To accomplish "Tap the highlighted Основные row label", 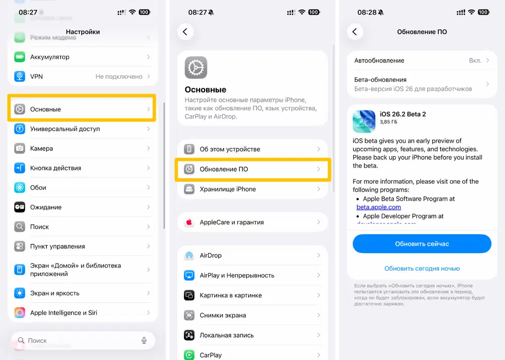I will [x=45, y=109].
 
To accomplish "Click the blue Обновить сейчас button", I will [x=422, y=244].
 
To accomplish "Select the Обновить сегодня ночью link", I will [x=422, y=269].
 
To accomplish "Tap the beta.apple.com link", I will [x=379, y=207].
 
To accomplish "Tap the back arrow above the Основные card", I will [x=185, y=32].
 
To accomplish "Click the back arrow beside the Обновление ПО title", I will [x=355, y=32].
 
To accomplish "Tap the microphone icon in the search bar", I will [x=144, y=341].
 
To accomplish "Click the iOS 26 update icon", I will [x=364, y=121].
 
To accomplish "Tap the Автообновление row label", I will [x=379, y=61].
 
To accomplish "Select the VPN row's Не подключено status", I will [x=119, y=77].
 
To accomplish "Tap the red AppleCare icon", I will [x=189, y=222].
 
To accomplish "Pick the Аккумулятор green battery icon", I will [x=20, y=57].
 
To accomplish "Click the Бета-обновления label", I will [x=380, y=80].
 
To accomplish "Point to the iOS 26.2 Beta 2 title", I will [x=402, y=114].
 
